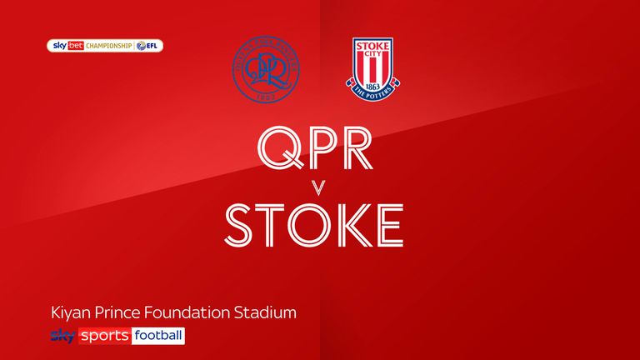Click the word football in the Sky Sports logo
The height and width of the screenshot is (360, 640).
coord(157,336)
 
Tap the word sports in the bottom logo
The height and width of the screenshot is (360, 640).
coord(104,336)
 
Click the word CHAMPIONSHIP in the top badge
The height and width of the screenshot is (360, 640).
coord(107,46)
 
